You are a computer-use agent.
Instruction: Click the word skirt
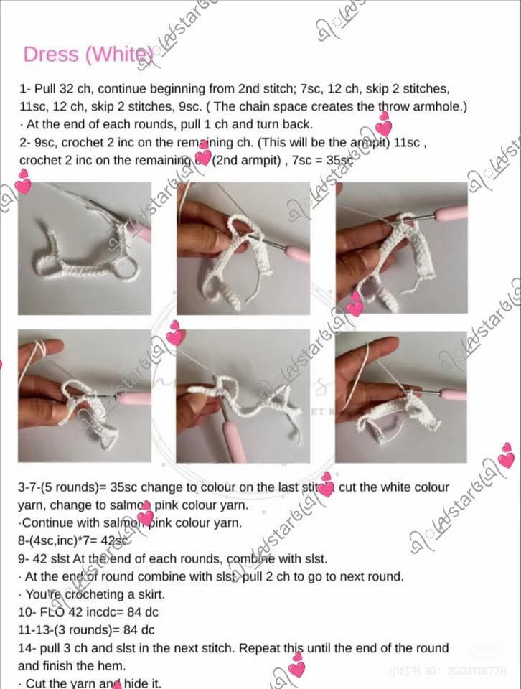[x=148, y=594]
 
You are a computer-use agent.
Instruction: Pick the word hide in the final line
[x=131, y=683]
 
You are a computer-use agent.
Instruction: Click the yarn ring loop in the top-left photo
[x=127, y=268]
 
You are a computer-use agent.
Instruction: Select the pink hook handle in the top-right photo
[x=451, y=213]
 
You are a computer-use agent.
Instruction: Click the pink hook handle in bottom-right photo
[x=452, y=394]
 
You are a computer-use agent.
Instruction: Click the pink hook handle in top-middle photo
[x=296, y=253]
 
